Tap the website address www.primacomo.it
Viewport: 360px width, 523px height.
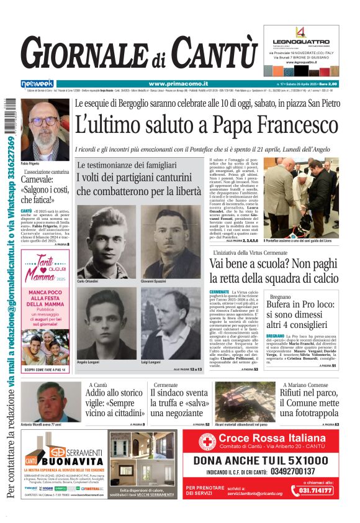171,84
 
